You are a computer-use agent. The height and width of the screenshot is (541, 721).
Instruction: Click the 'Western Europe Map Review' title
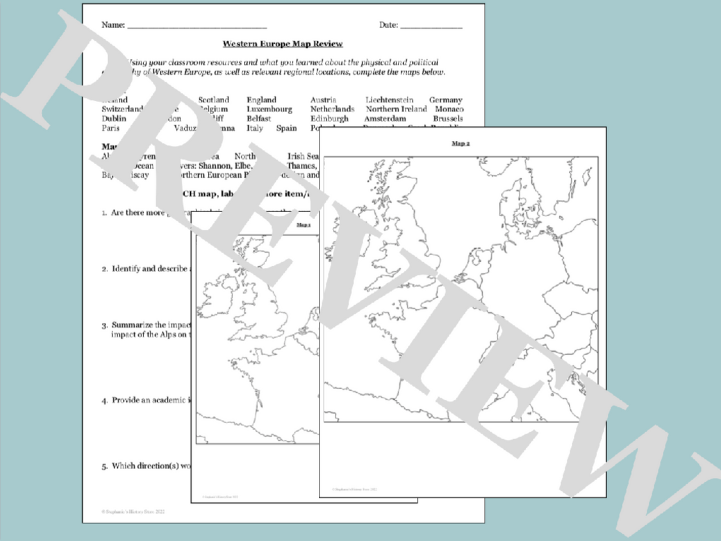(282, 44)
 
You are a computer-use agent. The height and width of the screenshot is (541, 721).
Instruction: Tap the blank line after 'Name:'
(197, 26)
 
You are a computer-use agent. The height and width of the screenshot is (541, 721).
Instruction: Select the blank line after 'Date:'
(431, 26)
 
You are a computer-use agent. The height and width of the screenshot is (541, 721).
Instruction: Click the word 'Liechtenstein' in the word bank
(389, 100)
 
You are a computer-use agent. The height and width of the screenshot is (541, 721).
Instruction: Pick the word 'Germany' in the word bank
(446, 100)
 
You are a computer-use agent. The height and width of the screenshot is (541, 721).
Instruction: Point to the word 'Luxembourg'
(269, 109)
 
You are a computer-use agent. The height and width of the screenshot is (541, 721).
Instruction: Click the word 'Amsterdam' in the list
(385, 119)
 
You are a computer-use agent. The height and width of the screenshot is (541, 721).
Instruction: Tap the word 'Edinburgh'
(330, 119)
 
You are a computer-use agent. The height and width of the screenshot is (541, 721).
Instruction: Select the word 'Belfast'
(259, 119)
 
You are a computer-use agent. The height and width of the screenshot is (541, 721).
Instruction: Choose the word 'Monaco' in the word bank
(449, 109)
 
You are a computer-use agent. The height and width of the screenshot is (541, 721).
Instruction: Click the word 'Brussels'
(448, 119)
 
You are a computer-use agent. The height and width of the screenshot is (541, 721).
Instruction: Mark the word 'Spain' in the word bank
(286, 128)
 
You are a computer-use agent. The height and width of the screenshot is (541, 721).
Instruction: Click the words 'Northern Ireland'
(396, 109)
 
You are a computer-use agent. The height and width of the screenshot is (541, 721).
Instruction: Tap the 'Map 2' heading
(460, 144)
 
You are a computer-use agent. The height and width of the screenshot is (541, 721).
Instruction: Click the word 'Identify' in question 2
(126, 269)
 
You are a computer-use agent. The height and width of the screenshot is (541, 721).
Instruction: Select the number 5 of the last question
(104, 466)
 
